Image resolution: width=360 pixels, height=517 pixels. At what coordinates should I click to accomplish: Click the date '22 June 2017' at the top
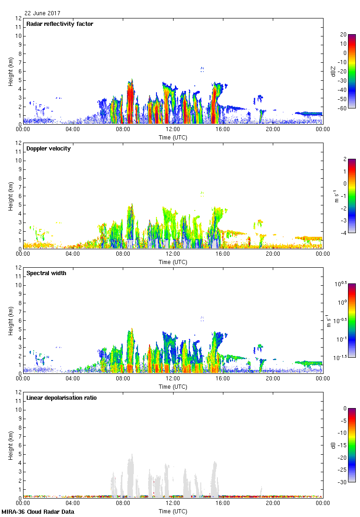pyautogui.click(x=42, y=13)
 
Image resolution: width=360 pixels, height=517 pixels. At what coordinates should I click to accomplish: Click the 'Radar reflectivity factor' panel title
pyautogui.click(x=60, y=24)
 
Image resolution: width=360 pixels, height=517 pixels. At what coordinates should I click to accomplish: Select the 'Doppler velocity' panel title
pyautogui.click(x=48, y=149)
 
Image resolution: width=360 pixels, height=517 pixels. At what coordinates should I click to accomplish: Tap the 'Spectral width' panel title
pyautogui.click(x=46, y=273)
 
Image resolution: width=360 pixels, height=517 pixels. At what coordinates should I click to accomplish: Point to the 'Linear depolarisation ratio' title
pyautogui.click(x=61, y=398)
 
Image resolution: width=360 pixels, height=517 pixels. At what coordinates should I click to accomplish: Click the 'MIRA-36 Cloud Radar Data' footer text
pyautogui.click(x=38, y=511)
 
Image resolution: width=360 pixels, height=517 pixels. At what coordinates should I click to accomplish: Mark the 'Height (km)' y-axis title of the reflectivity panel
pyautogui.click(x=11, y=72)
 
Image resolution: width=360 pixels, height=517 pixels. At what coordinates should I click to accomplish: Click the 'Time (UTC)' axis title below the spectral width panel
pyautogui.click(x=173, y=386)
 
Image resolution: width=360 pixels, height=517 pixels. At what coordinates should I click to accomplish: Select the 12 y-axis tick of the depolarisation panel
pyautogui.click(x=18, y=392)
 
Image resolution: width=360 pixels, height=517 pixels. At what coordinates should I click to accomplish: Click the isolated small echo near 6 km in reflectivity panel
pyautogui.click(x=202, y=69)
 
